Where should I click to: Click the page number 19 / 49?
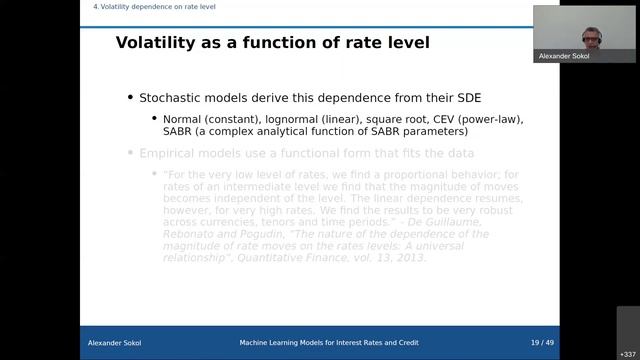click(542, 343)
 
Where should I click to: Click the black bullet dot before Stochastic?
click(130, 97)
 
